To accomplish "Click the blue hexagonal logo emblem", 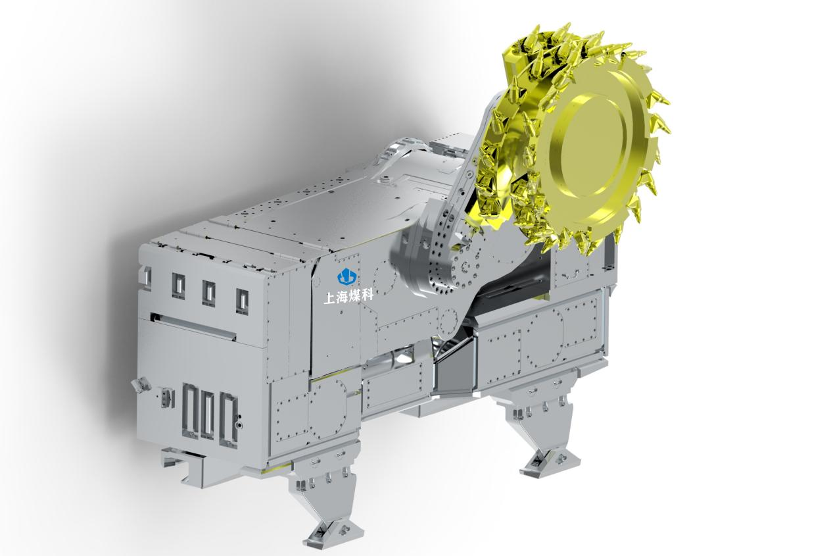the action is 346,276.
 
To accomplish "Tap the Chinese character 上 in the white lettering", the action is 329,297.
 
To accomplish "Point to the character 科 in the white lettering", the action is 367,295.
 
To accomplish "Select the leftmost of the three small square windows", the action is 179,285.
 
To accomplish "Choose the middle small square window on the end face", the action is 208,293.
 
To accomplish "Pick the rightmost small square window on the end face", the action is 242,301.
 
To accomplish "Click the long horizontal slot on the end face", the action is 193,326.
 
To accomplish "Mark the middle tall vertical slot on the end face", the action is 208,415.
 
